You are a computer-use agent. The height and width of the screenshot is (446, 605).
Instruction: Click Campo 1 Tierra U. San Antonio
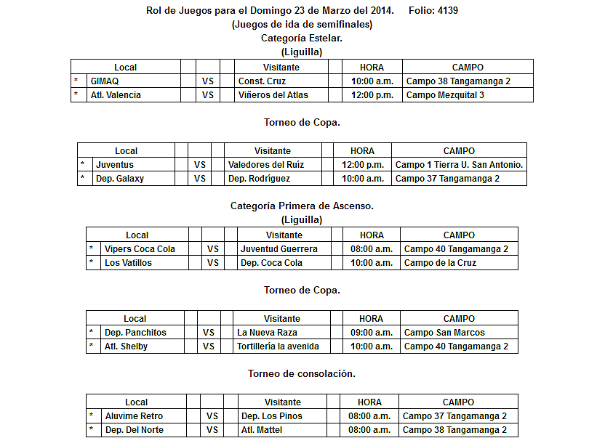tap(459, 165)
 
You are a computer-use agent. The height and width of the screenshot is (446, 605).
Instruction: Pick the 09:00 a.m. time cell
tap(371, 333)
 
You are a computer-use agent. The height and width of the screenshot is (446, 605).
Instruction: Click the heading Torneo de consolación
tap(302, 373)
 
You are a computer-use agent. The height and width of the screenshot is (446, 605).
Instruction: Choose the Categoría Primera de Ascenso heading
tap(302, 206)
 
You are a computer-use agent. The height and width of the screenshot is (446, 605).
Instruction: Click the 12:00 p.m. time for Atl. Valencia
tap(372, 95)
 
